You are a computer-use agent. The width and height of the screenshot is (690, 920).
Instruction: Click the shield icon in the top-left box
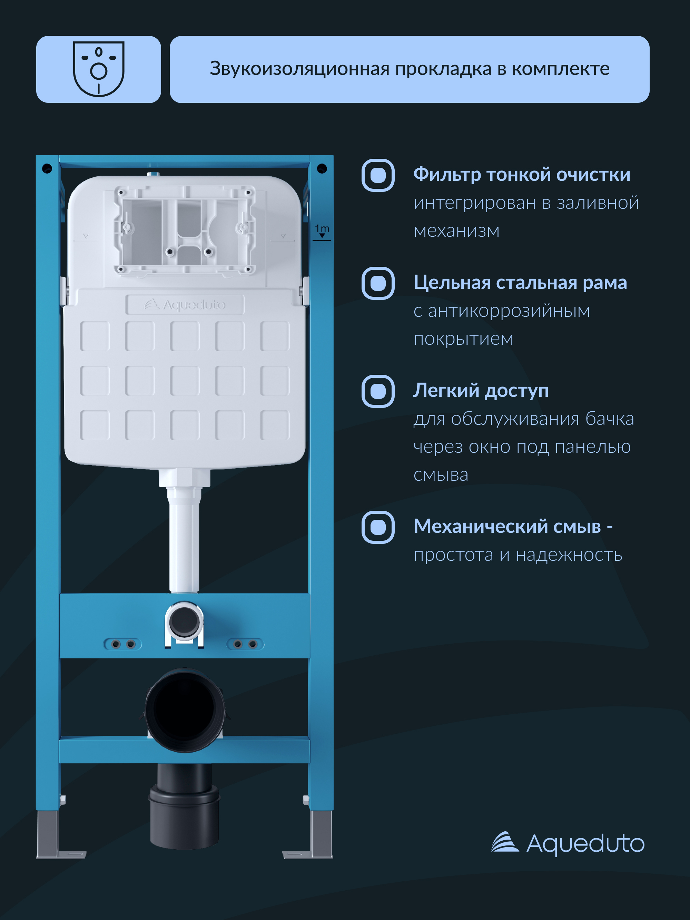99,69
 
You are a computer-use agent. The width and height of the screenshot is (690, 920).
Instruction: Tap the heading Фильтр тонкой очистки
521,174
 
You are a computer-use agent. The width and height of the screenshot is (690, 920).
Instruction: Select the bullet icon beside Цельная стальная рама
378,283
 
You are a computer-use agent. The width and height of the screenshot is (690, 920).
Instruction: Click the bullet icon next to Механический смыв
378,527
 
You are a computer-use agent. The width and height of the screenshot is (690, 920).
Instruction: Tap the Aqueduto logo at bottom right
568,843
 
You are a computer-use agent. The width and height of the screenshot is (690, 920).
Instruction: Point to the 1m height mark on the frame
322,231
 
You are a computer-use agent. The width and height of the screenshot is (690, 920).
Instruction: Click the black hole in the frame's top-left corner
47,168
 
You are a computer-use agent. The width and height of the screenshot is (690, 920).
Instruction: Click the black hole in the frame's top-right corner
322,168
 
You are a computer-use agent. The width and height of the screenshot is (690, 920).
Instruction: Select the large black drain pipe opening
184,709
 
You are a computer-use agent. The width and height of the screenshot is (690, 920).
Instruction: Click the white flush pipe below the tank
184,541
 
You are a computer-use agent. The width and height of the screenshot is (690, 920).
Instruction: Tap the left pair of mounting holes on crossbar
123,644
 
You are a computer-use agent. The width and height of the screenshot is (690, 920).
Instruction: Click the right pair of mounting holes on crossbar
245,644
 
